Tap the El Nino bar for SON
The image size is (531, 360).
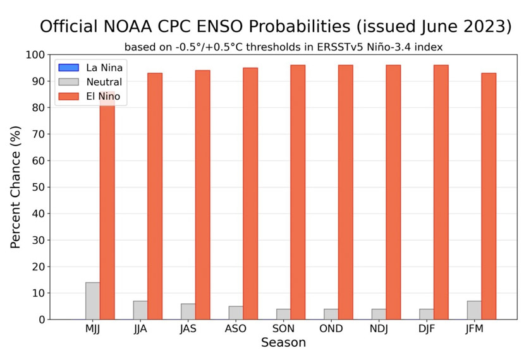point(298,192)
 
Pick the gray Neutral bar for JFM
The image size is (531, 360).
point(474,310)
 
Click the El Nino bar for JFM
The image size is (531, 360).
point(489,196)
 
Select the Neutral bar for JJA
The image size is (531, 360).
point(140,310)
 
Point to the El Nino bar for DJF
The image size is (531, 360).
point(441,192)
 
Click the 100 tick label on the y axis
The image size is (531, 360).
point(35,55)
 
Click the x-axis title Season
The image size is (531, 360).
point(283,343)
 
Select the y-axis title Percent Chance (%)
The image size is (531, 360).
point(16,187)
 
